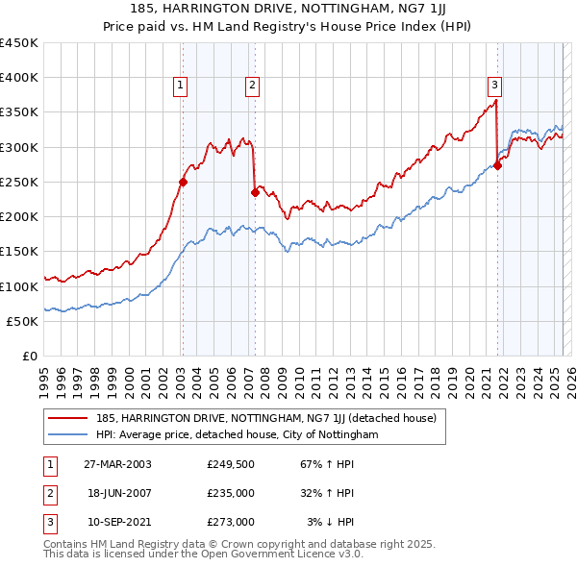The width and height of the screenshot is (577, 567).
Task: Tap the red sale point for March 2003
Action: pyautogui.click(x=183, y=182)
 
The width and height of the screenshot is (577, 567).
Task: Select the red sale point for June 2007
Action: pyautogui.click(x=255, y=192)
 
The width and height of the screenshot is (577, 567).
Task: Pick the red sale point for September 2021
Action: pyautogui.click(x=498, y=165)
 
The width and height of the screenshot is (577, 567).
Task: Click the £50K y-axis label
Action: pyautogui.click(x=23, y=321)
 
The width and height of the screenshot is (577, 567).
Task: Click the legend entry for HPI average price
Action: pyautogui.click(x=237, y=434)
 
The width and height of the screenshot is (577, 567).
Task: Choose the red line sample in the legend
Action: pyautogui.click(x=67, y=418)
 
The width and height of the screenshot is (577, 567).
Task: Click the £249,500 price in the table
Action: pyautogui.click(x=230, y=464)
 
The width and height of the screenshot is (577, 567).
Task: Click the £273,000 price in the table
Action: pyautogui.click(x=230, y=522)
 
